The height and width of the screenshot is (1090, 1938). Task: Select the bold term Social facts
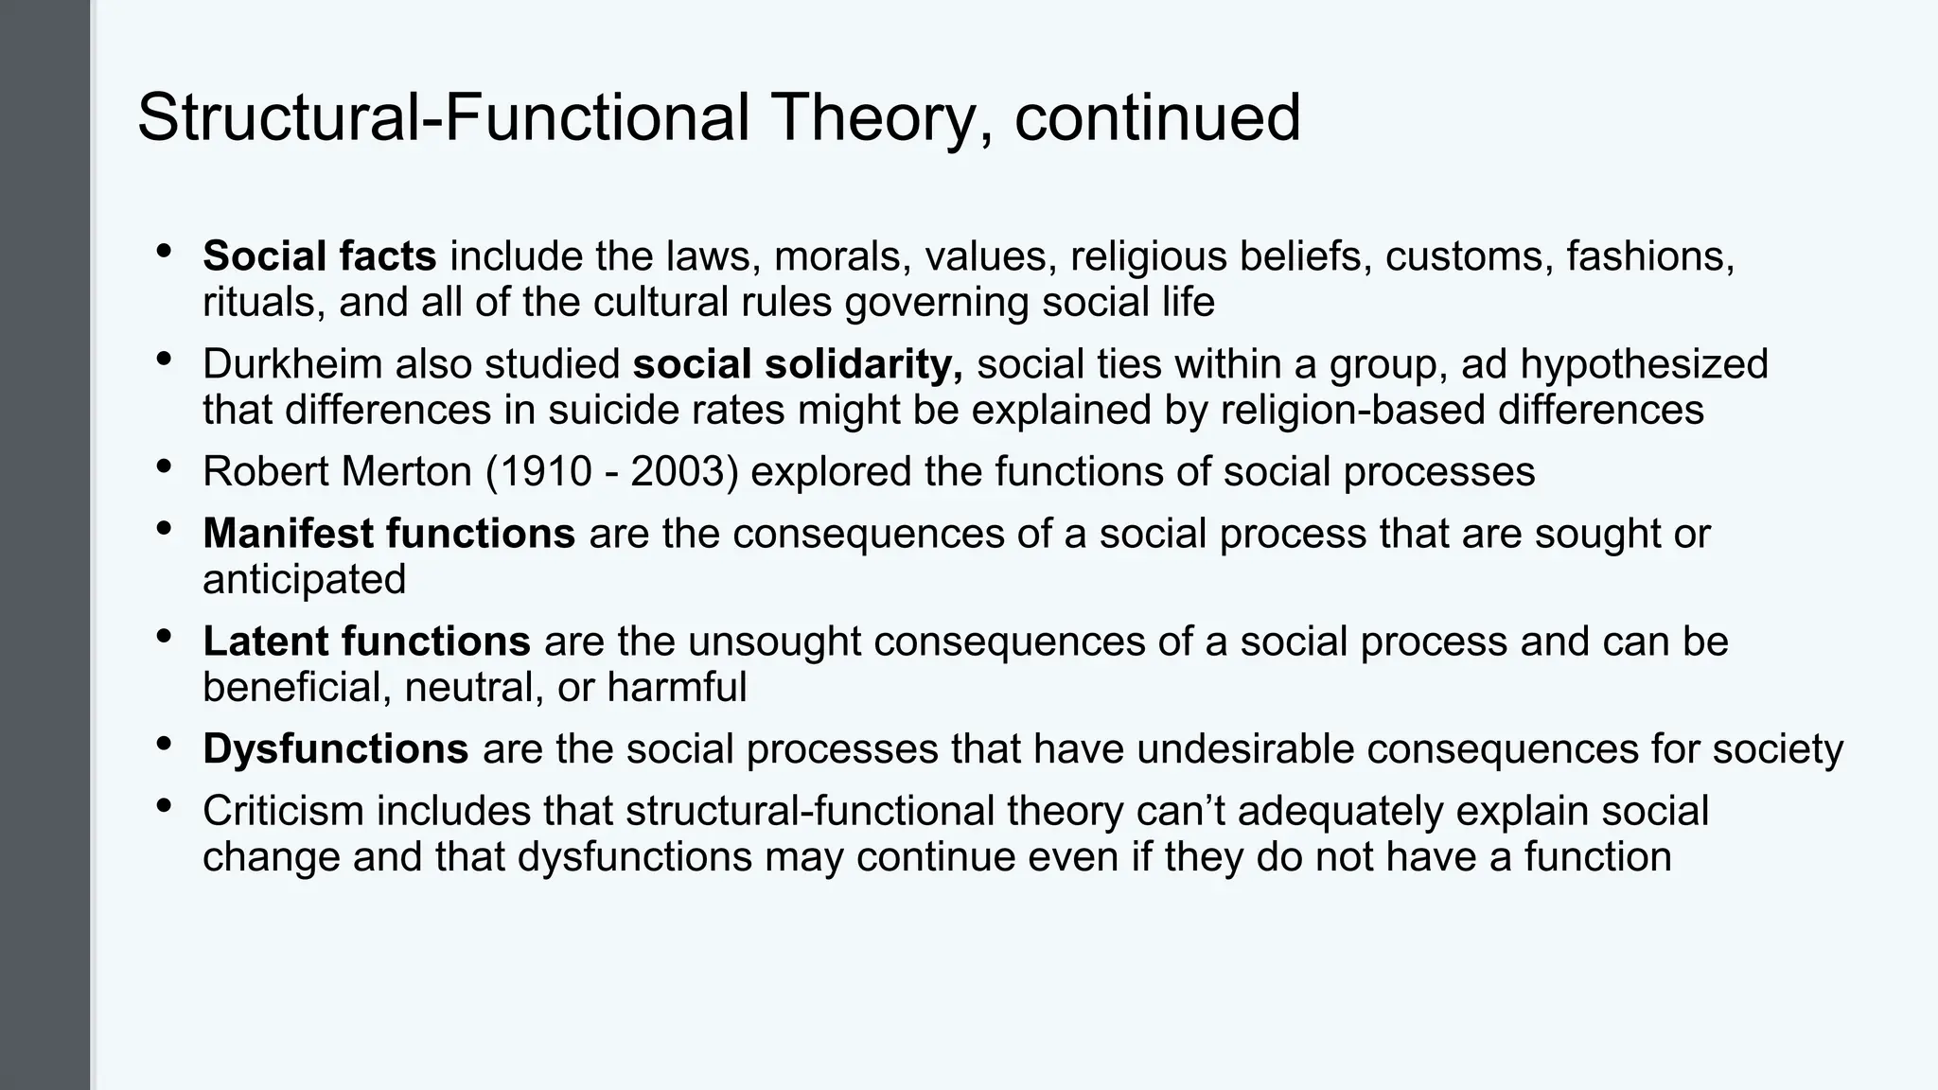[319, 256]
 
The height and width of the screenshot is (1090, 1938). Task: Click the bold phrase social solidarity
[798, 364]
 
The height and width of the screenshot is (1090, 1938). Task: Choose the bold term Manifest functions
[388, 534]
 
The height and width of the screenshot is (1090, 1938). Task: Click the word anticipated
[304, 579]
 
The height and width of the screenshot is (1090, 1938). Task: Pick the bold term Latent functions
[366, 642]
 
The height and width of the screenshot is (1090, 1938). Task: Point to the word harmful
[677, 687]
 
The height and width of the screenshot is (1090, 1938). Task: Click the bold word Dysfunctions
[335, 749]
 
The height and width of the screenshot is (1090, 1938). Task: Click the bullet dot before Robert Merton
[164, 466]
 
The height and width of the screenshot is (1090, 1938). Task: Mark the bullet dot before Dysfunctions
[164, 743]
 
